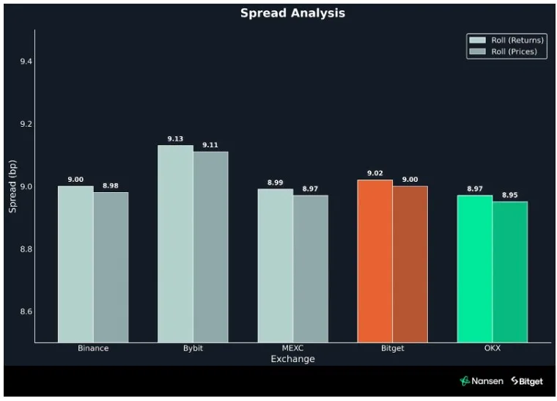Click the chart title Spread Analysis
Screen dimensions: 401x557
pyautogui.click(x=292, y=13)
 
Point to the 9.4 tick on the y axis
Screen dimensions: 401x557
pyautogui.click(x=26, y=61)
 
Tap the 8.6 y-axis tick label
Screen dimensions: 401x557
pyautogui.click(x=26, y=312)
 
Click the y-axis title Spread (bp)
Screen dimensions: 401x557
pyautogui.click(x=12, y=186)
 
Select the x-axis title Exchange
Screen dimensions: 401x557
pyautogui.click(x=292, y=359)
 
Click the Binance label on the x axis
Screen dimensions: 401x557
pyautogui.click(x=93, y=348)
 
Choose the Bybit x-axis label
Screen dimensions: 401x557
pyautogui.click(x=193, y=348)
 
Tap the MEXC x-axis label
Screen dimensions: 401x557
pyautogui.click(x=292, y=348)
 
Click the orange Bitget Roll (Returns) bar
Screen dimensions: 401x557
pyautogui.click(x=375, y=260)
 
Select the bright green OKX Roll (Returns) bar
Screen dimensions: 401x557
pyautogui.click(x=474, y=268)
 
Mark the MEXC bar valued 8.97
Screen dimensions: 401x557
pyautogui.click(x=310, y=268)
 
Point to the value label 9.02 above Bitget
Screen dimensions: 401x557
pyautogui.click(x=375, y=174)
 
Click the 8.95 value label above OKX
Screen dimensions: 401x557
pyautogui.click(x=509, y=196)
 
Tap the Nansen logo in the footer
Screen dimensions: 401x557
pyautogui.click(x=481, y=381)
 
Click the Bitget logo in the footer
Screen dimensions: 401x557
pyautogui.click(x=527, y=381)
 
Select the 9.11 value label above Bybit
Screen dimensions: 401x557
pyautogui.click(x=210, y=145)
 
